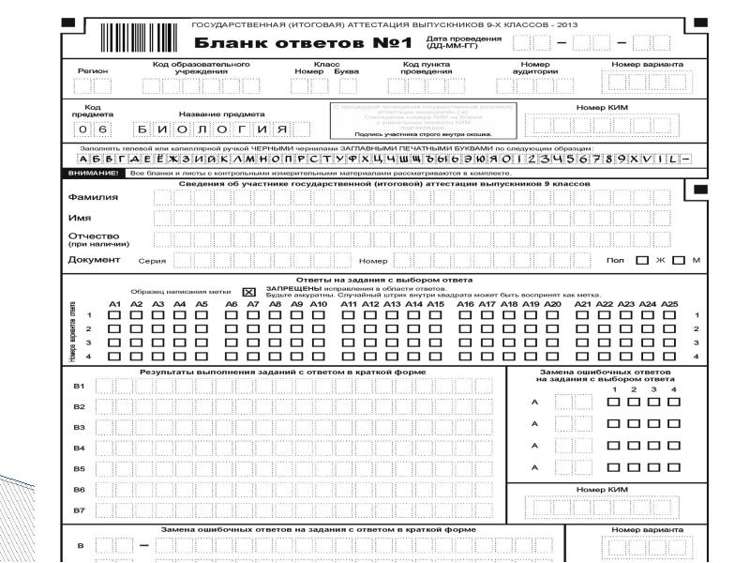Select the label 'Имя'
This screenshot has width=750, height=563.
pyautogui.click(x=80, y=218)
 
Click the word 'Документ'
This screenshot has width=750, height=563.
pyautogui.click(x=95, y=259)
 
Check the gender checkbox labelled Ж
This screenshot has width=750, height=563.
pyautogui.click(x=642, y=260)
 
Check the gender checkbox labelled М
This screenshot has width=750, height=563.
pyautogui.click(x=678, y=260)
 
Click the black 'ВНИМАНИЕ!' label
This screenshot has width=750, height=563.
pyautogui.click(x=93, y=174)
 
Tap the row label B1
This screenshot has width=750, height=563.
pyautogui.click(x=79, y=387)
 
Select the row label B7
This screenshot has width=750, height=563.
pyautogui.click(x=79, y=510)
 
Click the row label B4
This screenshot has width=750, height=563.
pyautogui.click(x=79, y=448)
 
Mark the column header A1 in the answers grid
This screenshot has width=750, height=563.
pyautogui.click(x=114, y=304)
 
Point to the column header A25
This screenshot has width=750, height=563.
pyautogui.click(x=669, y=304)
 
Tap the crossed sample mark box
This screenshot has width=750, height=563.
pyautogui.click(x=248, y=292)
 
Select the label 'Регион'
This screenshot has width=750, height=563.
pyautogui.click(x=94, y=70)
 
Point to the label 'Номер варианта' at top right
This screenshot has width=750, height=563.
pyautogui.click(x=647, y=64)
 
